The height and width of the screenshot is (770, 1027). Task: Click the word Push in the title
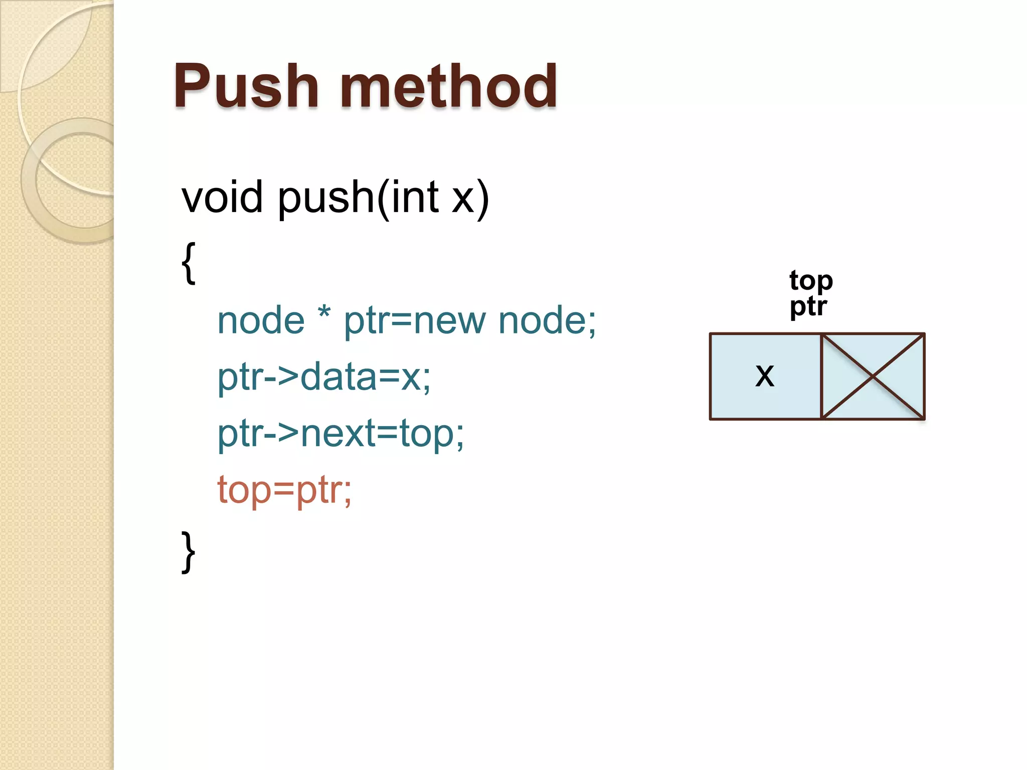pos(246,86)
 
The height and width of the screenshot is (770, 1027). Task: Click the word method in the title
pos(449,86)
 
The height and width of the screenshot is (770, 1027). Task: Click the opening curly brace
pos(188,263)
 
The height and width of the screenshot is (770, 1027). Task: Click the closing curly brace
pos(188,551)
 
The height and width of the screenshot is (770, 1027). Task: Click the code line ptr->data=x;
pos(324,377)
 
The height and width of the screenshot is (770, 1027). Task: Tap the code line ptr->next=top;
pos(340,434)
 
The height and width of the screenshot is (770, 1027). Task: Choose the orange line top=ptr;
pos(284,490)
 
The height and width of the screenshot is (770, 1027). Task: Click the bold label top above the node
pos(811,281)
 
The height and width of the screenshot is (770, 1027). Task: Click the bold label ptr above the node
pos(808,306)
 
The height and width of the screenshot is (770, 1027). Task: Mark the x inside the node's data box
pos(765,375)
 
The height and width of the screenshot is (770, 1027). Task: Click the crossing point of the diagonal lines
pos(873,376)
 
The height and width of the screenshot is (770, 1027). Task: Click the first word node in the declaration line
pos(261,320)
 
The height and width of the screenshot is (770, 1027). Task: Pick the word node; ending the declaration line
pos(547,320)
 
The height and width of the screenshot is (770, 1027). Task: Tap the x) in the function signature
pos(470,198)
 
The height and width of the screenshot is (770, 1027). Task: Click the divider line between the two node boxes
pos(821,376)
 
